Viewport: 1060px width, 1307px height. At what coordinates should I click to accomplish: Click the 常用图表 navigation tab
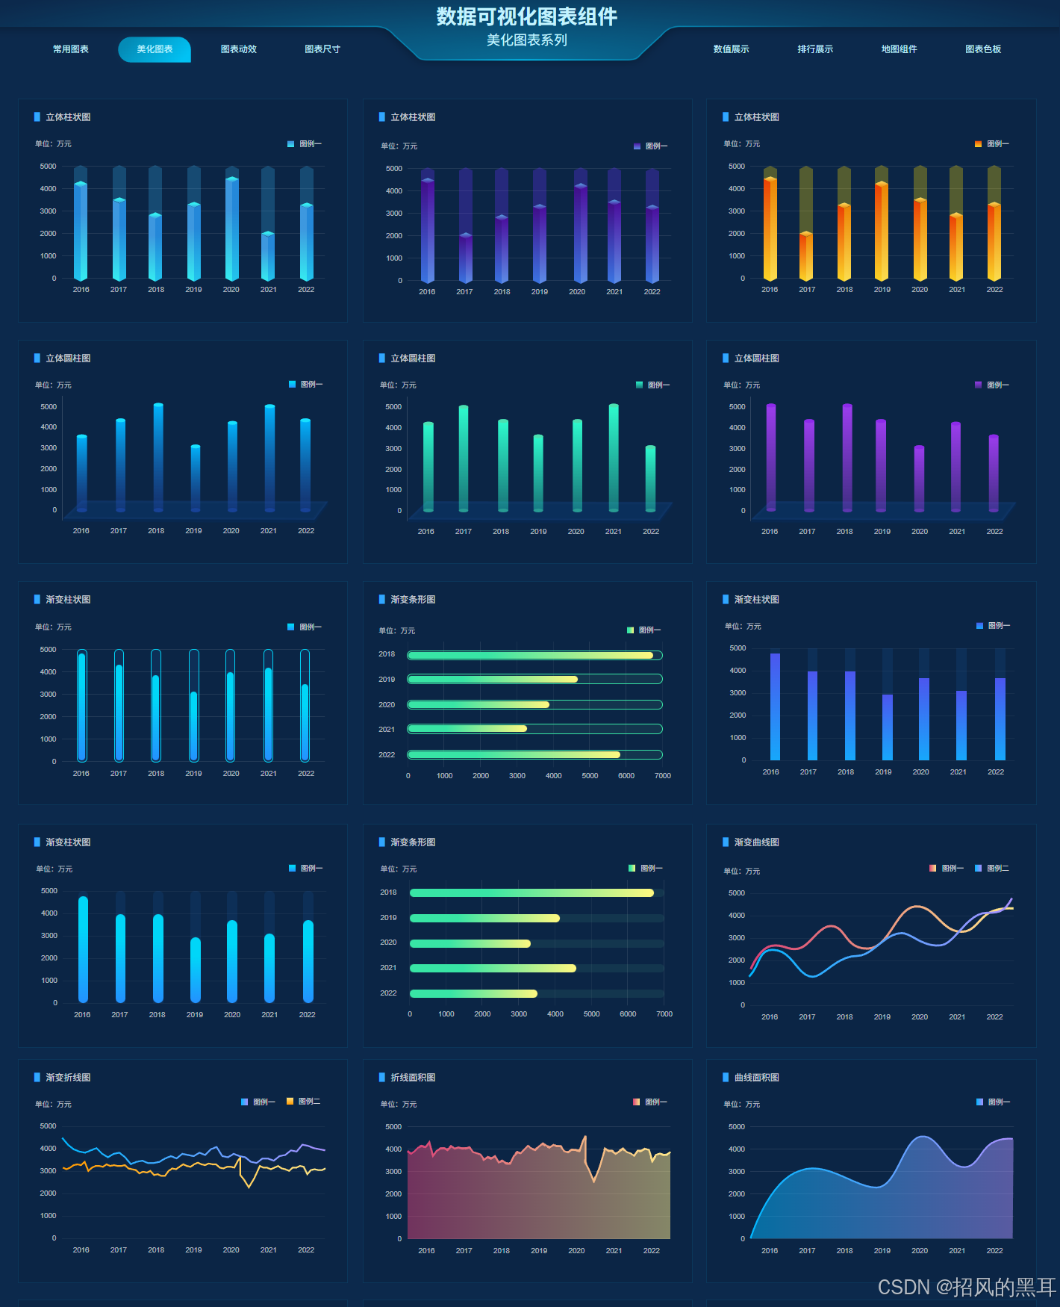(x=71, y=49)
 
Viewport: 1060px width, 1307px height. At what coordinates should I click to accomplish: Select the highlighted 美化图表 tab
(x=155, y=49)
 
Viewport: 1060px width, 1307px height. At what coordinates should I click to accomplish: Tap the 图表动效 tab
(x=238, y=49)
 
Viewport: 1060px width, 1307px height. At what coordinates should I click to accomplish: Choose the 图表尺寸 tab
(x=322, y=49)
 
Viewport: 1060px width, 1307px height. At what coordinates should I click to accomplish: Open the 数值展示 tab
(x=731, y=49)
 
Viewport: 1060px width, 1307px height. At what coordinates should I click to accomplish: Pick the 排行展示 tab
(x=815, y=49)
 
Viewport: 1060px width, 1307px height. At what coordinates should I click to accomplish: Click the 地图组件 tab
(x=899, y=49)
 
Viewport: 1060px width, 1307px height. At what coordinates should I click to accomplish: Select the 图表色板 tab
(x=983, y=49)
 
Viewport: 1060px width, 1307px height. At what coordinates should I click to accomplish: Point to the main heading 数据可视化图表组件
(x=526, y=16)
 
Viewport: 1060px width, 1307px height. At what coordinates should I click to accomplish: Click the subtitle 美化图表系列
(x=526, y=40)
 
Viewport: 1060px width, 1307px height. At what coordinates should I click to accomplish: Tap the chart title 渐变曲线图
(x=756, y=842)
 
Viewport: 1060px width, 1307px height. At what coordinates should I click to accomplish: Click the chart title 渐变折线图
(x=68, y=1078)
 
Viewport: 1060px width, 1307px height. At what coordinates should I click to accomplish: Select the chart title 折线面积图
(x=413, y=1078)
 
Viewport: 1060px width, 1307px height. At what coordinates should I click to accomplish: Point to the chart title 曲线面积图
(x=756, y=1078)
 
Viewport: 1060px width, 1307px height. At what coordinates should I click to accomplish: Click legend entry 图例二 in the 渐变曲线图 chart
(x=997, y=869)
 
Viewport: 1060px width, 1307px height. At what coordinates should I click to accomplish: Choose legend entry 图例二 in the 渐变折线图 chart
(x=308, y=1102)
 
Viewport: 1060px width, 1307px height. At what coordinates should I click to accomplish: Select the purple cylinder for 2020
(x=919, y=478)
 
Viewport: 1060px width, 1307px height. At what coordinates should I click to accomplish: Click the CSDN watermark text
(x=967, y=1287)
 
